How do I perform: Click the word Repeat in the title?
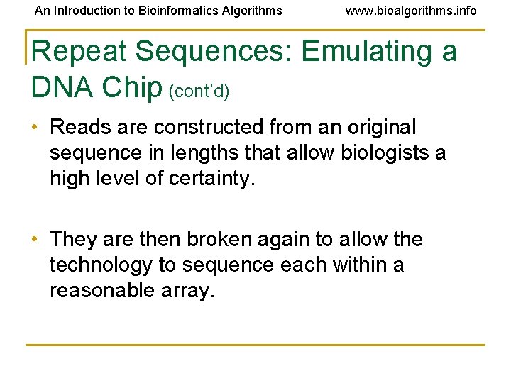coord(78,52)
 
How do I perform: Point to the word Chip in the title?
coord(132,87)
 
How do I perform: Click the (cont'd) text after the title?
coord(198,90)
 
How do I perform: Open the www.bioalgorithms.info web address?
coord(411,11)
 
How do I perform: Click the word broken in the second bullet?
coord(223,240)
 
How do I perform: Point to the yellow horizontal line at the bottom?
coord(255,345)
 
